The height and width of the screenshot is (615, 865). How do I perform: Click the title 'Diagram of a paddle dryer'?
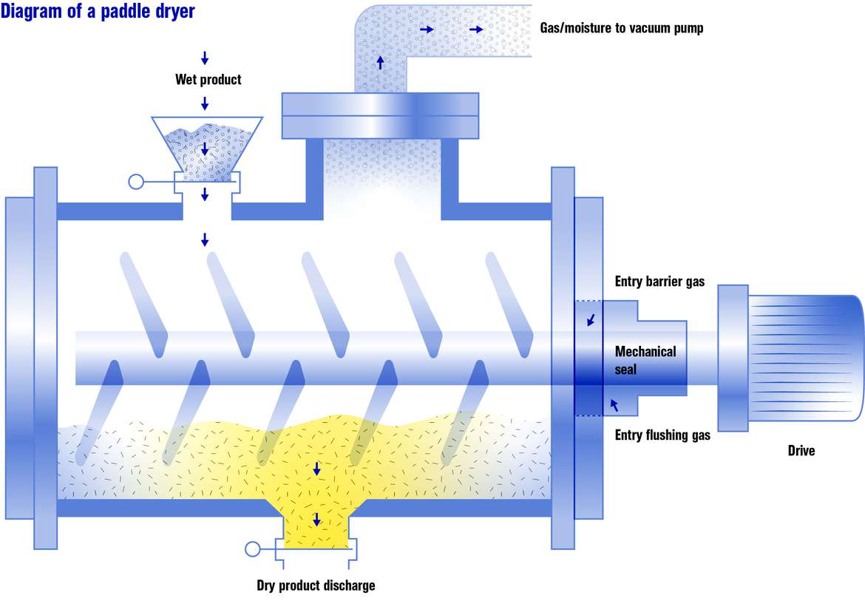click(98, 13)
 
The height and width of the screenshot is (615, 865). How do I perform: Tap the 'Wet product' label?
click(208, 79)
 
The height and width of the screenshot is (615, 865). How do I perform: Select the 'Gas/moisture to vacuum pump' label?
click(627, 29)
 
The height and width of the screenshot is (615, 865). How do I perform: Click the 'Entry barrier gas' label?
click(659, 282)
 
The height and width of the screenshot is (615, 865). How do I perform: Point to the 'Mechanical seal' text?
click(645, 359)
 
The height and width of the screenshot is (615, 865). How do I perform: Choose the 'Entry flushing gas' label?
click(662, 435)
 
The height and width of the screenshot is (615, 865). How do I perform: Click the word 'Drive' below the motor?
click(801, 450)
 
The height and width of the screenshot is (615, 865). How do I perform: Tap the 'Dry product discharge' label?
click(316, 585)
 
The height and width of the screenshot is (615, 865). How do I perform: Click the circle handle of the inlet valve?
click(135, 181)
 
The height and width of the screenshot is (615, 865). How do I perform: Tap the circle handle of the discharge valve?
click(253, 549)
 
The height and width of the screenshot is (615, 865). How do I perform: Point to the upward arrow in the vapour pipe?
click(381, 62)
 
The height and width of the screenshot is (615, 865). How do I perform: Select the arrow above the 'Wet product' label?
click(205, 58)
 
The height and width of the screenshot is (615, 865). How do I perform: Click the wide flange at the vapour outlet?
click(381, 115)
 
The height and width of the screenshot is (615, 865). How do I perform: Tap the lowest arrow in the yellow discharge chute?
click(316, 520)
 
